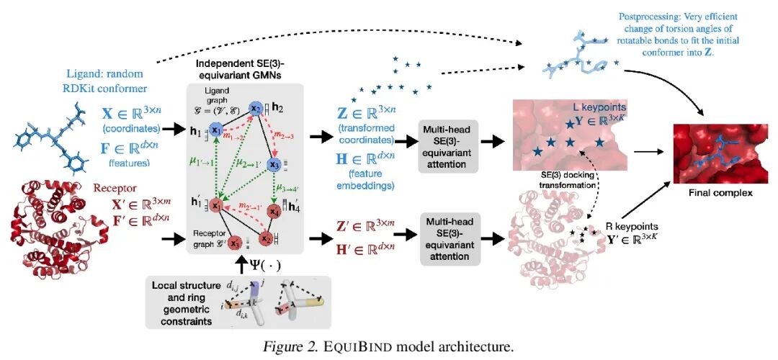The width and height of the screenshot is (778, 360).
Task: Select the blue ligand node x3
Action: pos(274,165)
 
